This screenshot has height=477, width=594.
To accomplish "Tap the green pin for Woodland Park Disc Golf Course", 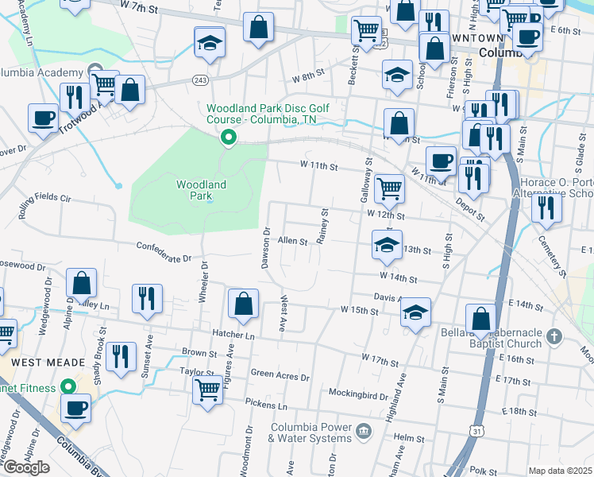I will click(229, 138).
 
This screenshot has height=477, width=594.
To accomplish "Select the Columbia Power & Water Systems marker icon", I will click(364, 432).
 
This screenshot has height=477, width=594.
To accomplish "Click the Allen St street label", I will click(292, 241).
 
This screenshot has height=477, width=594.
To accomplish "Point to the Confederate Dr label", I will click(164, 252).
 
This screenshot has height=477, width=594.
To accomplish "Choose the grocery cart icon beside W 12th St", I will click(389, 188).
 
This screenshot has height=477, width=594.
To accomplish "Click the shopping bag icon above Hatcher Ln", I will click(243, 303).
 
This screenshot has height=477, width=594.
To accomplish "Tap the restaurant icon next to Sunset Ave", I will click(147, 298).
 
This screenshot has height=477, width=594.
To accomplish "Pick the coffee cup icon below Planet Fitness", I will click(76, 408).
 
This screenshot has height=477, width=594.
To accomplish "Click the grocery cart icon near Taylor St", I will click(207, 390).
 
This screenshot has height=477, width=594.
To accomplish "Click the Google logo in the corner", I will click(26, 467).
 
